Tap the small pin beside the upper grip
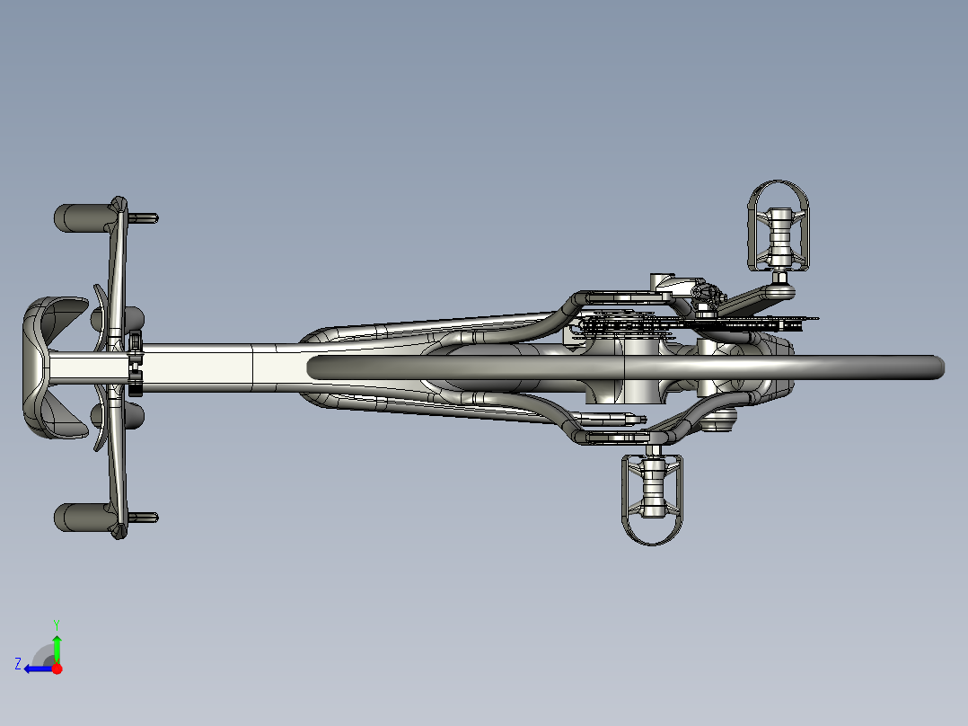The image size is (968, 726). pyautogui.click(x=144, y=218)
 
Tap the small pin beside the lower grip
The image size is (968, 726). pyautogui.click(x=144, y=518)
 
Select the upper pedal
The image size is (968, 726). pyautogui.click(x=779, y=226)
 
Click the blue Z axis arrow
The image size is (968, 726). pyautogui.click(x=39, y=669)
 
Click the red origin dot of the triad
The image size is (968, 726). pyautogui.click(x=57, y=668)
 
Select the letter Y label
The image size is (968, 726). pyautogui.click(x=57, y=624)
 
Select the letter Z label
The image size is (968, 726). pyautogui.click(x=18, y=664)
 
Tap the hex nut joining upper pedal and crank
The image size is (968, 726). pyautogui.click(x=779, y=278)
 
